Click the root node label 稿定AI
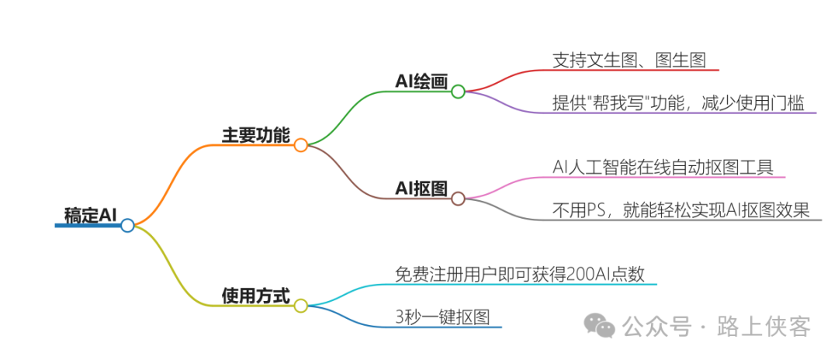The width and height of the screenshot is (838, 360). [x=90, y=215]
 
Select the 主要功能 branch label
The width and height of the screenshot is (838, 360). [x=256, y=136]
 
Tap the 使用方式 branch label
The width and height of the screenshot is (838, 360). [x=255, y=296]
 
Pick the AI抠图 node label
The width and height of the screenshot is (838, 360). [x=421, y=189]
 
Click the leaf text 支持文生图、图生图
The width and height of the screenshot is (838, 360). [x=628, y=60]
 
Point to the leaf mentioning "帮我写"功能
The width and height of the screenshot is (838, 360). [x=677, y=102]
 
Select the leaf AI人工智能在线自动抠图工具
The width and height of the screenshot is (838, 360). [x=663, y=167]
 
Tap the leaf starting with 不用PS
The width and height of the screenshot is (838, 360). [x=680, y=209]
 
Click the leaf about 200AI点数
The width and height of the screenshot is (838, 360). [x=520, y=274]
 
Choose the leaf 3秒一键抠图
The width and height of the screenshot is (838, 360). [x=443, y=317]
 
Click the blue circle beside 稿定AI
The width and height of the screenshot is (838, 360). [x=128, y=226]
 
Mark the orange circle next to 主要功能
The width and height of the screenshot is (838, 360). [x=301, y=145]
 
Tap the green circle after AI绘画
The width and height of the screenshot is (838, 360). [x=458, y=92]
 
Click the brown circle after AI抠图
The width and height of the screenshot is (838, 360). [x=458, y=199]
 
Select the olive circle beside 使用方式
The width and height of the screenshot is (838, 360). [x=301, y=306]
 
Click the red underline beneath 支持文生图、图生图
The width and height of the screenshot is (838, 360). [x=628, y=71]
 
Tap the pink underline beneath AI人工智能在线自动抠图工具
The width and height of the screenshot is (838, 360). [x=664, y=178]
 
